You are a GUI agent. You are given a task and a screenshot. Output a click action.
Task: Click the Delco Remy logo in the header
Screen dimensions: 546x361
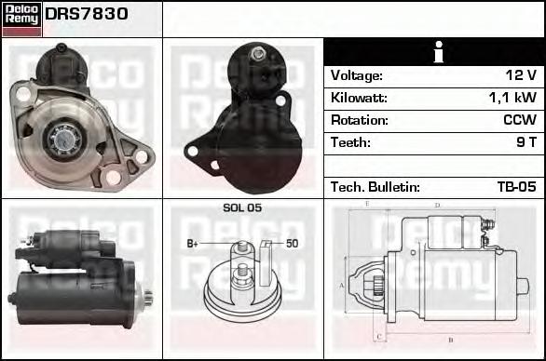[x=21, y=20]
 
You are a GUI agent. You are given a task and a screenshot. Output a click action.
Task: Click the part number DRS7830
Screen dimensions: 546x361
[x=87, y=14]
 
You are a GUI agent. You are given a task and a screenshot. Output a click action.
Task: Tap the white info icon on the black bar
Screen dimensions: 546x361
[x=439, y=52]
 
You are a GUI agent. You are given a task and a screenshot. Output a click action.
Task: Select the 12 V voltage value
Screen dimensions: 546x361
[x=521, y=75]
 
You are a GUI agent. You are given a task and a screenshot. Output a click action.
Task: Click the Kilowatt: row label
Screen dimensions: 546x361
[x=359, y=98]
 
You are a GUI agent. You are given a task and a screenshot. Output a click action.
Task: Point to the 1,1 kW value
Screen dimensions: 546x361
[x=512, y=98]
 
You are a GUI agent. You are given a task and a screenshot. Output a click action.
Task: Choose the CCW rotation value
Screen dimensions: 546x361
[x=520, y=120]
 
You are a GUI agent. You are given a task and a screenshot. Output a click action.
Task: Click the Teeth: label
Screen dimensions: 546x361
[x=350, y=142]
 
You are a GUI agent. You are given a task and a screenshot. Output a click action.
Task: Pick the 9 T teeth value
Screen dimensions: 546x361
[x=526, y=142]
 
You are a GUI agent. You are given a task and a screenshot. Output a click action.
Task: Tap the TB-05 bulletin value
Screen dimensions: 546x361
[x=517, y=187]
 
